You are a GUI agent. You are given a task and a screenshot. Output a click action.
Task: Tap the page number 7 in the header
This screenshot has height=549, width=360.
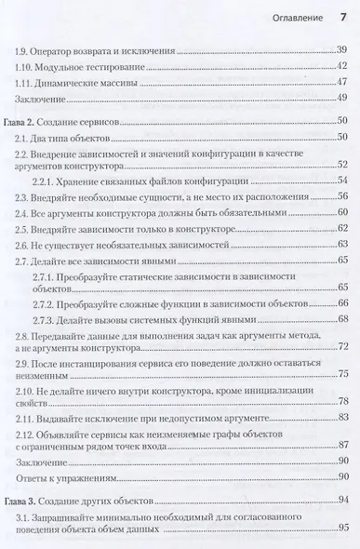click(x=343, y=15)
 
